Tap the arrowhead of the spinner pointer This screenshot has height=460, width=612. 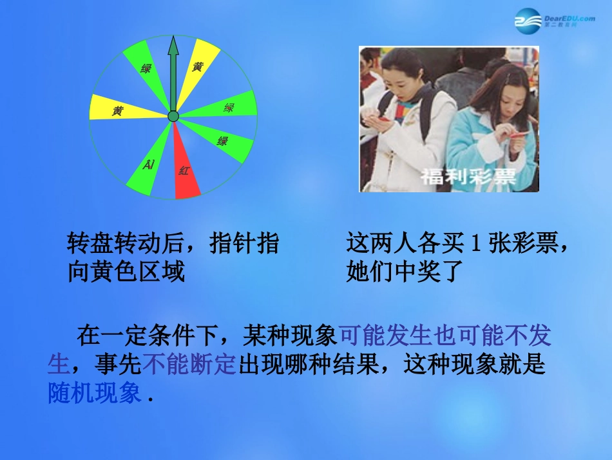pyautogui.click(x=173, y=46)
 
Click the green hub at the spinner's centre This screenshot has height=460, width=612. pyautogui.click(x=173, y=116)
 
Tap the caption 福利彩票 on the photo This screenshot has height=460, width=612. pyautogui.click(x=468, y=176)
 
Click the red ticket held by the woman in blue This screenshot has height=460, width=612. pyautogui.click(x=515, y=134)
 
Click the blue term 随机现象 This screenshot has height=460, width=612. pyautogui.click(x=95, y=394)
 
